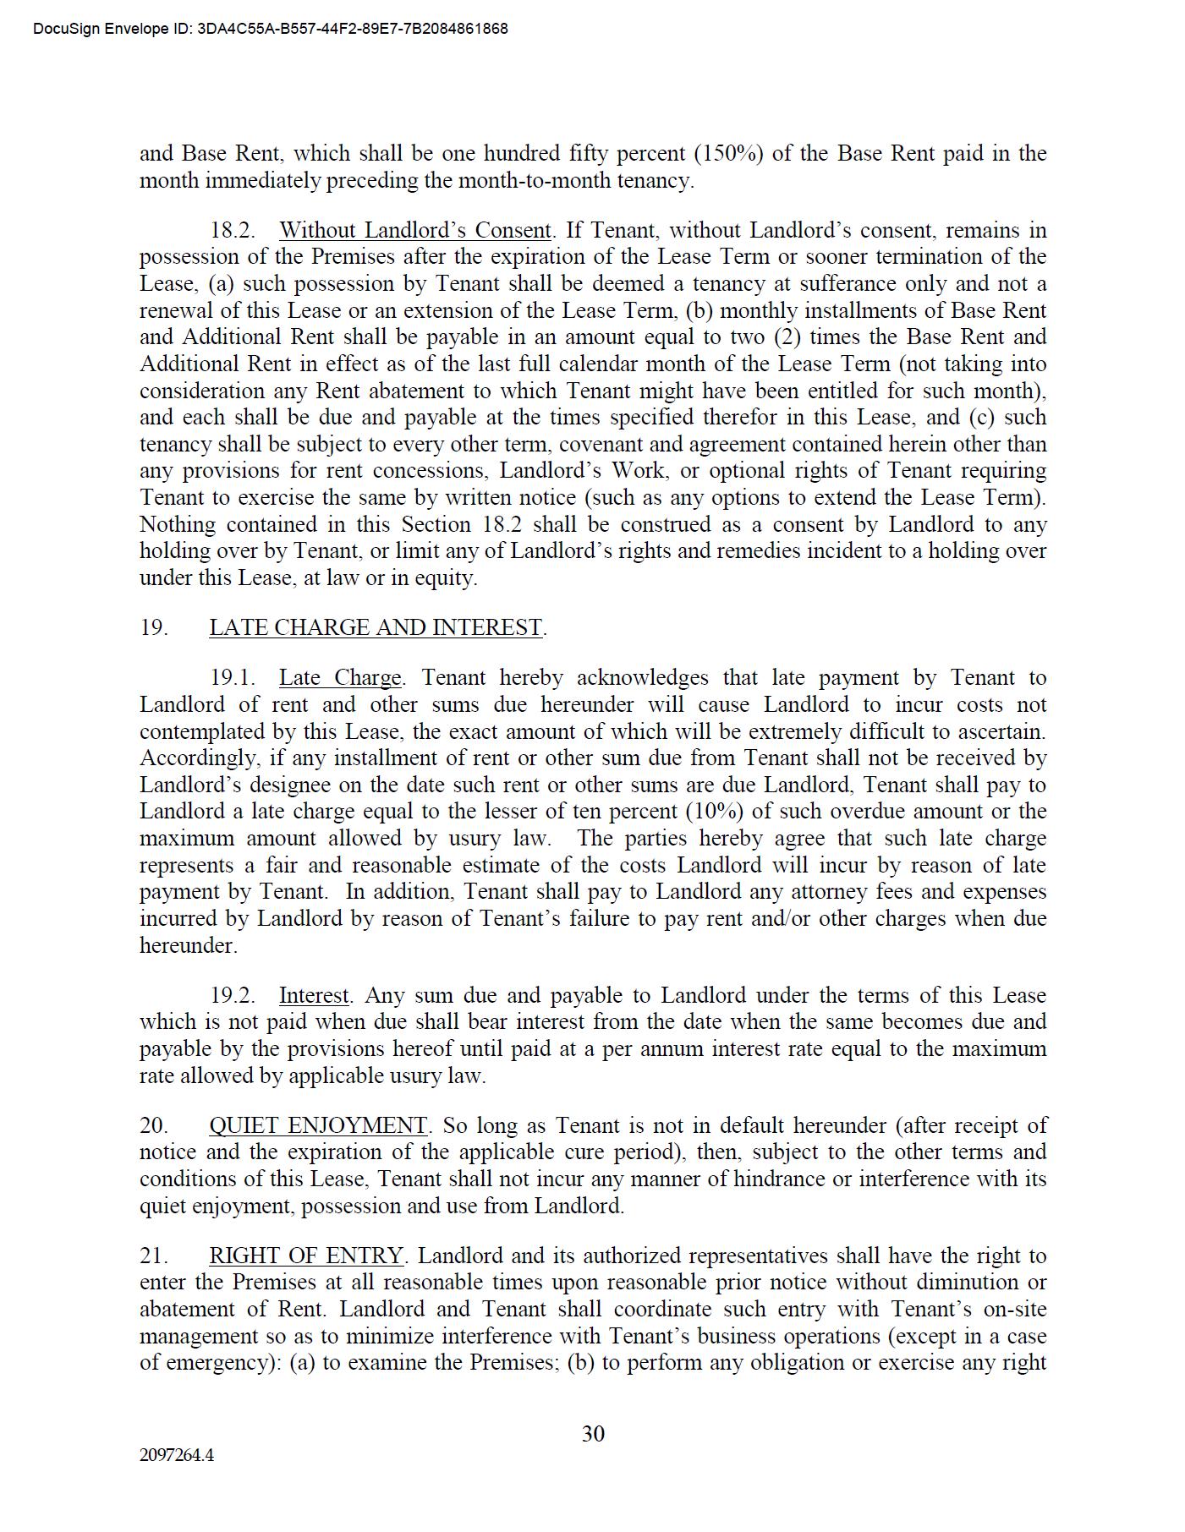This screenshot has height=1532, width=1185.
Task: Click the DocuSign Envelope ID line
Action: point(271,29)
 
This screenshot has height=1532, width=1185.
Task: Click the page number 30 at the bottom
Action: point(593,1434)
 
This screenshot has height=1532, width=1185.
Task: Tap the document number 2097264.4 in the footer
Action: point(177,1456)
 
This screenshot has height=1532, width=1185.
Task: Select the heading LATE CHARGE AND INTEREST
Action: point(376,628)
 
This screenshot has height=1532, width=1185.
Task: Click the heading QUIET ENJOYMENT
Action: point(318,1126)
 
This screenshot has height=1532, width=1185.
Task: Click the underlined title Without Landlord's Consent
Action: point(415,231)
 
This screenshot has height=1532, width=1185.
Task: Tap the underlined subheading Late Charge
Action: point(340,678)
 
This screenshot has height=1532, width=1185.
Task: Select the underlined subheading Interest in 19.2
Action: point(314,996)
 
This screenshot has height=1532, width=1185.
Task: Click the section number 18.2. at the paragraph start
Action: point(233,231)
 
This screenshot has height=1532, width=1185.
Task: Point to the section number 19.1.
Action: point(233,678)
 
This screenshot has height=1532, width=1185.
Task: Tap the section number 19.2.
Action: point(233,996)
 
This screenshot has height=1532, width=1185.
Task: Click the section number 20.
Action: point(154,1126)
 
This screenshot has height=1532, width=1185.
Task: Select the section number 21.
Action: point(154,1256)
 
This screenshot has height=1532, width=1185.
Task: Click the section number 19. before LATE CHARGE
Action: point(154,628)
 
